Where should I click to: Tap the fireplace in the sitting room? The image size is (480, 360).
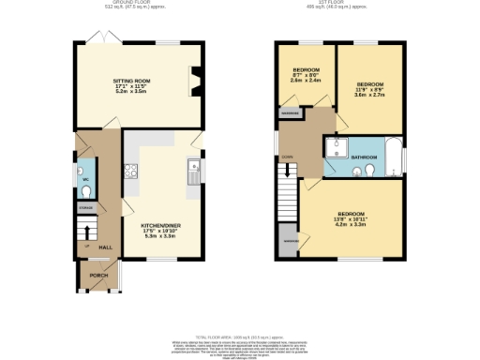click(194, 82)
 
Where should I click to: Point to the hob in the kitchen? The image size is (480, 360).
click(132, 171)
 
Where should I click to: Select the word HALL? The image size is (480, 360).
click(106, 247)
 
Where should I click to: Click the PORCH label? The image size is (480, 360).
click(97, 276)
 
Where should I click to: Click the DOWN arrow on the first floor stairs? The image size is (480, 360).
click(288, 170)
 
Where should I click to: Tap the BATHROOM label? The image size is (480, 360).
click(365, 157)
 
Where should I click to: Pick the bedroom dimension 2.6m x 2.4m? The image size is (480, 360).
click(307, 81)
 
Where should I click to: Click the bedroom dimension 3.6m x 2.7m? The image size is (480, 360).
click(369, 95)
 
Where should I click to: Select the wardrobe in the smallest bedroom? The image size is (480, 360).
click(290, 113)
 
